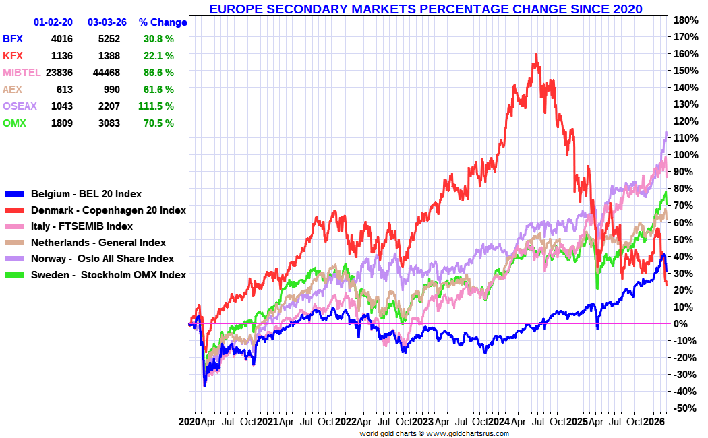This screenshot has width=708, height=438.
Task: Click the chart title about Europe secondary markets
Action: [425, 9]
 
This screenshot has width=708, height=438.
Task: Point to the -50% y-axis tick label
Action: [682, 408]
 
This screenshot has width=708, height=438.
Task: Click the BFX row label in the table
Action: [13, 39]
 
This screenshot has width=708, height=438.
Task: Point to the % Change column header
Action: [163, 22]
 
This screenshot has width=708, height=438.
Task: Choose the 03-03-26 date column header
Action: [107, 22]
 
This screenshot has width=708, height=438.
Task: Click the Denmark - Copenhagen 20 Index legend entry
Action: [109, 210]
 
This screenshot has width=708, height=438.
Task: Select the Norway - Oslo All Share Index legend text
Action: [102, 259]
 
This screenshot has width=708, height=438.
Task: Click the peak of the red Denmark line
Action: [536, 55]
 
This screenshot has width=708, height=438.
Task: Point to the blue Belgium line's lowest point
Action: [205, 385]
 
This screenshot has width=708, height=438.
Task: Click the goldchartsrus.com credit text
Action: [434, 433]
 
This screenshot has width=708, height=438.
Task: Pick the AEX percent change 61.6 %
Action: [158, 90]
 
